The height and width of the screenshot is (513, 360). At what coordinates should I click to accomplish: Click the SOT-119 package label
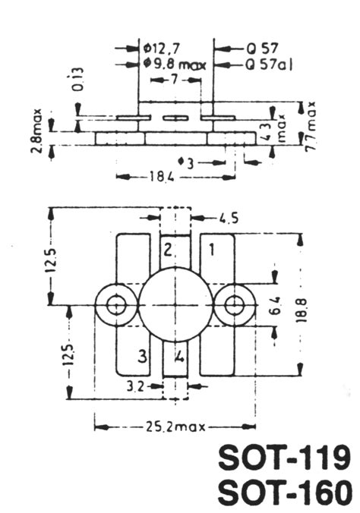click(x=285, y=458)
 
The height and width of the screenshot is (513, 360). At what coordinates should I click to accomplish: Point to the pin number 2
click(x=169, y=248)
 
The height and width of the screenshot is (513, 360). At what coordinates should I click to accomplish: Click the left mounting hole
click(x=116, y=306)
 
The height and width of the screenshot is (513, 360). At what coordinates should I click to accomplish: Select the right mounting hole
click(x=234, y=306)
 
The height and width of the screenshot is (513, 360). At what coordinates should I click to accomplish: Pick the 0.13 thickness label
click(x=79, y=78)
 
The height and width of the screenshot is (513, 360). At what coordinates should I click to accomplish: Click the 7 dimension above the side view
click(x=174, y=79)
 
